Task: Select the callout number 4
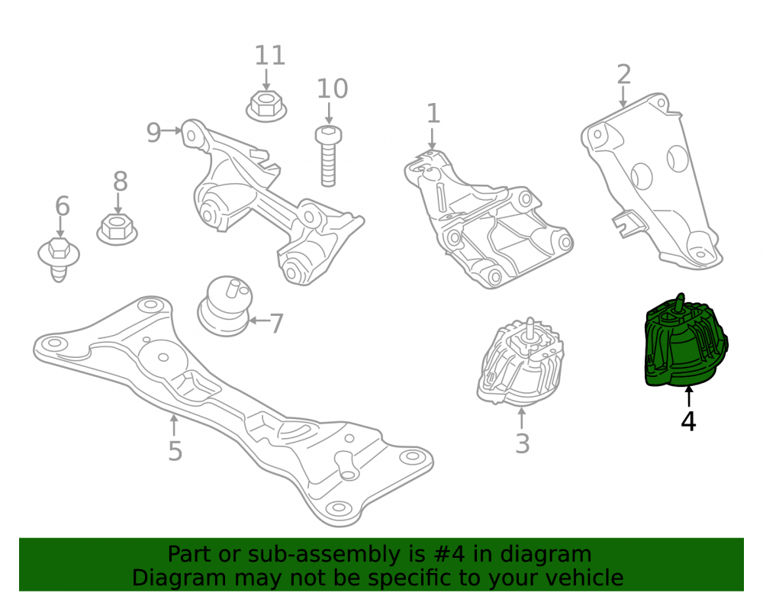[x=688, y=422]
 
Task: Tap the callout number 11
[x=270, y=55]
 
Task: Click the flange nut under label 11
[x=266, y=106]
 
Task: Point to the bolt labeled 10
[x=328, y=156]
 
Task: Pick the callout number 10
[x=333, y=89]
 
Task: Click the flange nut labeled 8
[x=117, y=229]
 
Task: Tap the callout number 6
[x=63, y=206]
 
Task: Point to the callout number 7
[x=276, y=324]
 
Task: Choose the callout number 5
[x=175, y=451]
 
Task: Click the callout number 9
[x=154, y=132]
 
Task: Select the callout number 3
[x=522, y=443]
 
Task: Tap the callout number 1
[x=433, y=114]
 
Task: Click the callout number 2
[x=624, y=75]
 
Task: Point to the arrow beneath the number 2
[x=623, y=97]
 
